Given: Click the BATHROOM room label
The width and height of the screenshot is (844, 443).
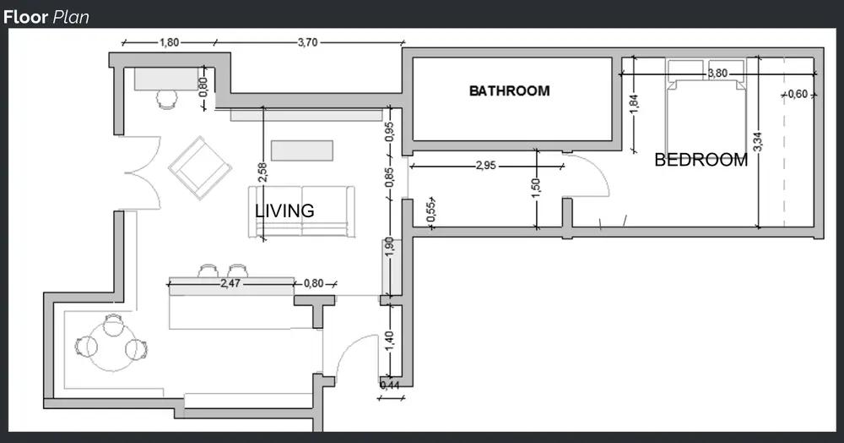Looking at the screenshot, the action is pos(509,90).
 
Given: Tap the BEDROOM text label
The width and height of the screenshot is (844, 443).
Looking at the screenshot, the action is pos(701,160).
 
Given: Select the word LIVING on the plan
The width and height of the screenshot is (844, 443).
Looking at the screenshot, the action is pos(284,211).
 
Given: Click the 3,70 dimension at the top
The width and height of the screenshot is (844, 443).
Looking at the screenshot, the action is pos(308,42).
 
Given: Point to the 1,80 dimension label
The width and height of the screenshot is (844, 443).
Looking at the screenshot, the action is pos(169,42).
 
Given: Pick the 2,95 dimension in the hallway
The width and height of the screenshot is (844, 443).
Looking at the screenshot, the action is pos(485,166).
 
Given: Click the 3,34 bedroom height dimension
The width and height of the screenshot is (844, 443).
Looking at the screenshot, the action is pos(757,141).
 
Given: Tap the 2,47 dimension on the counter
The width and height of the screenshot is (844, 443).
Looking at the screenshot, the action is pos(230,283).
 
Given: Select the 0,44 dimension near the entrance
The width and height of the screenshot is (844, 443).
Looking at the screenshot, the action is pos(390,385).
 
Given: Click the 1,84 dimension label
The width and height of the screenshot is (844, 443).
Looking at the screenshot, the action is pos(634,104).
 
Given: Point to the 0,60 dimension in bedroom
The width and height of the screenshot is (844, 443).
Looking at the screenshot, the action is pos(798,95).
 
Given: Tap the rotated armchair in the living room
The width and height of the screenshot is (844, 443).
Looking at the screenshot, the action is pos(200,167).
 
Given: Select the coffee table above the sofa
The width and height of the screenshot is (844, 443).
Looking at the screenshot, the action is pos(302,150).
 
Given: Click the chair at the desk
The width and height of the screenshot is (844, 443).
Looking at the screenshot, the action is pos(167,100).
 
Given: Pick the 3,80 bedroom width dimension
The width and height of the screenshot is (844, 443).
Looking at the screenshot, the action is pos(717,73).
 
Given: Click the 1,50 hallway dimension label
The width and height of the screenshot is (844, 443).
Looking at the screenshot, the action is pos(535,188).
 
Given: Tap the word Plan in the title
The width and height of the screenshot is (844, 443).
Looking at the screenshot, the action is pos(71,17).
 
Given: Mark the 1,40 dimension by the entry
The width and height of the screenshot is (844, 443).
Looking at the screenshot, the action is pos(390,341).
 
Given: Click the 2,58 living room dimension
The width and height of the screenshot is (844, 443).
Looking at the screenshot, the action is pos(262,172).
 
